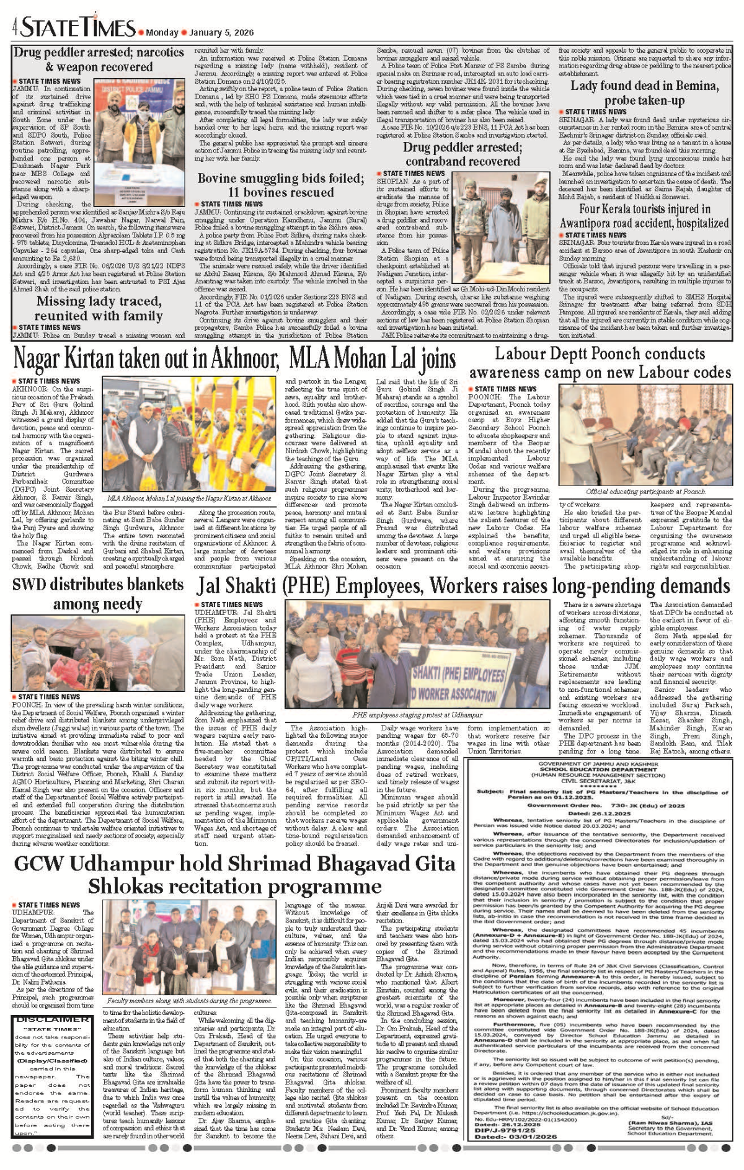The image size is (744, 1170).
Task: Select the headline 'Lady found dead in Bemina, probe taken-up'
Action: [645, 93]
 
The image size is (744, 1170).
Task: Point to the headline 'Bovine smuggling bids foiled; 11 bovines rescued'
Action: [281, 185]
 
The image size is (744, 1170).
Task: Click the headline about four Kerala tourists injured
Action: [644, 216]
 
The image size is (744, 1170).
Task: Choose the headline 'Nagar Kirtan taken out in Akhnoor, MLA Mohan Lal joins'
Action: [234, 359]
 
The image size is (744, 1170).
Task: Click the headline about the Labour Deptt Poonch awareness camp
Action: [600, 363]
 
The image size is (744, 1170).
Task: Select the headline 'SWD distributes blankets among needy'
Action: [98, 594]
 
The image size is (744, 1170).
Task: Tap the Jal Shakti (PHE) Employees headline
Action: [463, 586]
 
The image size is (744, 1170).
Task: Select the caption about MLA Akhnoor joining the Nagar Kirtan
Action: [189, 498]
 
